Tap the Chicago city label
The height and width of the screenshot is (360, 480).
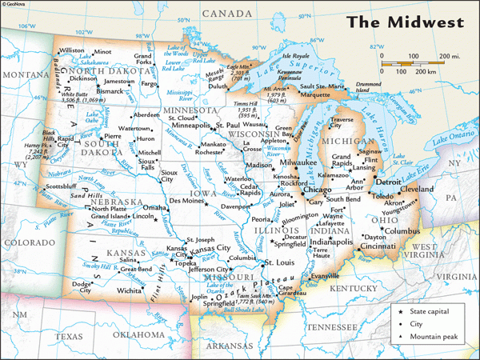pyautogui.click(x=317, y=190)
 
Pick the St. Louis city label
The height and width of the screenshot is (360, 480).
pyautogui.click(x=281, y=262)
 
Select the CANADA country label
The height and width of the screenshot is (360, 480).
pyautogui.click(x=226, y=14)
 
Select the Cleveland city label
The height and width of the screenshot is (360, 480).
pyautogui.click(x=417, y=190)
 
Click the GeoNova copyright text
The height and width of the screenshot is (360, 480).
pyautogui.click(x=18, y=5)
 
